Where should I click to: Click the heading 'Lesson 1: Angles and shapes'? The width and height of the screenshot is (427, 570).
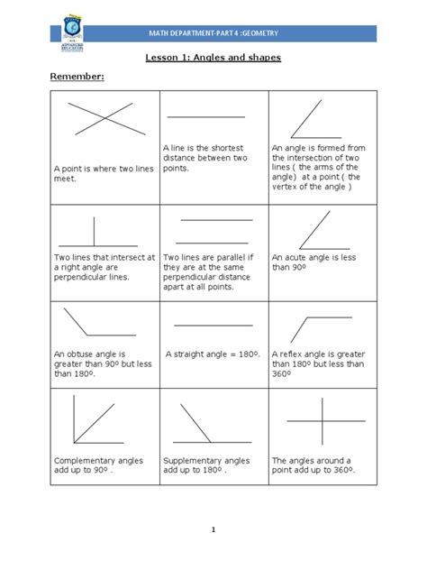tap(213, 59)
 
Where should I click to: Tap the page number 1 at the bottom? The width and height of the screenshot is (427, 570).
tap(213, 529)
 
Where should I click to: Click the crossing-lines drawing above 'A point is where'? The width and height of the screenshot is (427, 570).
tap(105, 119)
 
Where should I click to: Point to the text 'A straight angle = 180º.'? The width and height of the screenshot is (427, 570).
tap(213, 354)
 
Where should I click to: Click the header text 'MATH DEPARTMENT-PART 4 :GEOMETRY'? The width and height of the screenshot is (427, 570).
tap(213, 32)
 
